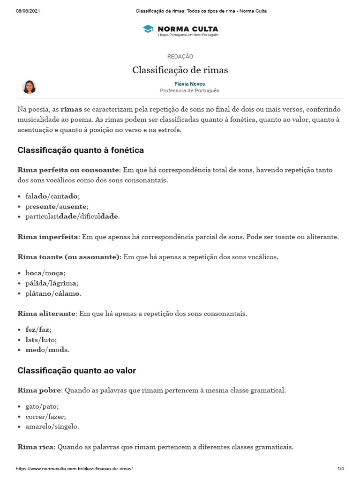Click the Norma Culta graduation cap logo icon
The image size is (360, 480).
[148, 30]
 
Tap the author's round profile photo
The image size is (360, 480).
[29, 87]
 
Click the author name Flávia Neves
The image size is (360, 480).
[189, 84]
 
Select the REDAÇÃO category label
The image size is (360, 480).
[180, 56]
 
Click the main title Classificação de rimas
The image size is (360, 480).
[180, 70]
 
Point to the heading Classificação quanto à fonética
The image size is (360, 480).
[81, 150]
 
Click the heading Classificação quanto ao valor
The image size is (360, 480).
[76, 371]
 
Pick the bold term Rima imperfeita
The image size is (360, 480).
[48, 237]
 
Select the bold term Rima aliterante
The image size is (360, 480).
[46, 313]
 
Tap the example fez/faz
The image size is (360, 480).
[38, 330]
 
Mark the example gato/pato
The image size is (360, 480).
[42, 406]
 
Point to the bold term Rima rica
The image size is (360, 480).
[36, 447]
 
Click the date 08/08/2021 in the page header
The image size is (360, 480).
[28, 11]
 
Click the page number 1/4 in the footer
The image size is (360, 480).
[340, 469]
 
